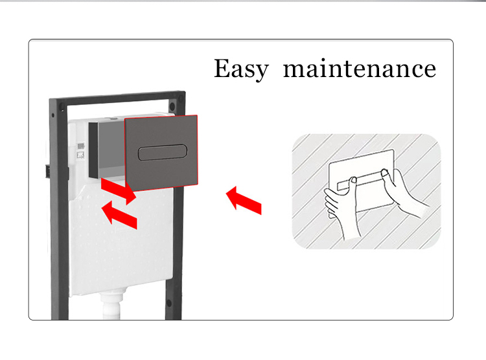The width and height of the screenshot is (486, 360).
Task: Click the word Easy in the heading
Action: coord(241,69)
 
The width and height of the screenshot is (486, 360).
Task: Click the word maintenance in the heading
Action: coord(360,68)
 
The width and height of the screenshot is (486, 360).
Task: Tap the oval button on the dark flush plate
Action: coord(163,152)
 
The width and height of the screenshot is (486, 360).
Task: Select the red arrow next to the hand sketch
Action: coord(244,201)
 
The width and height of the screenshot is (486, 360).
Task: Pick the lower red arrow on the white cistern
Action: coord(119,215)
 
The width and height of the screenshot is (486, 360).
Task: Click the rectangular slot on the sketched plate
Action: coord(360,181)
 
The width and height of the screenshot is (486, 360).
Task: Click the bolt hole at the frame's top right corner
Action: coord(172,106)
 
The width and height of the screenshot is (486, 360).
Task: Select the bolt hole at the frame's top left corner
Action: coord(62,108)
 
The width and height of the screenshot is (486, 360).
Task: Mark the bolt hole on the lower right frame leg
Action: coord(169,302)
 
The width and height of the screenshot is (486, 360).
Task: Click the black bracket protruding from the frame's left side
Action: coord(48,172)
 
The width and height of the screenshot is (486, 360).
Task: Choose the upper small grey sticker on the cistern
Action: coord(80,146)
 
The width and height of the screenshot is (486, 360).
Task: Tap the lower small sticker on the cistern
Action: coord(80,155)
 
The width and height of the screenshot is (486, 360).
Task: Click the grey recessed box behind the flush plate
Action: coord(107,150)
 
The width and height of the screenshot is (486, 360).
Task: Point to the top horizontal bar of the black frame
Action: coord(118,98)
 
